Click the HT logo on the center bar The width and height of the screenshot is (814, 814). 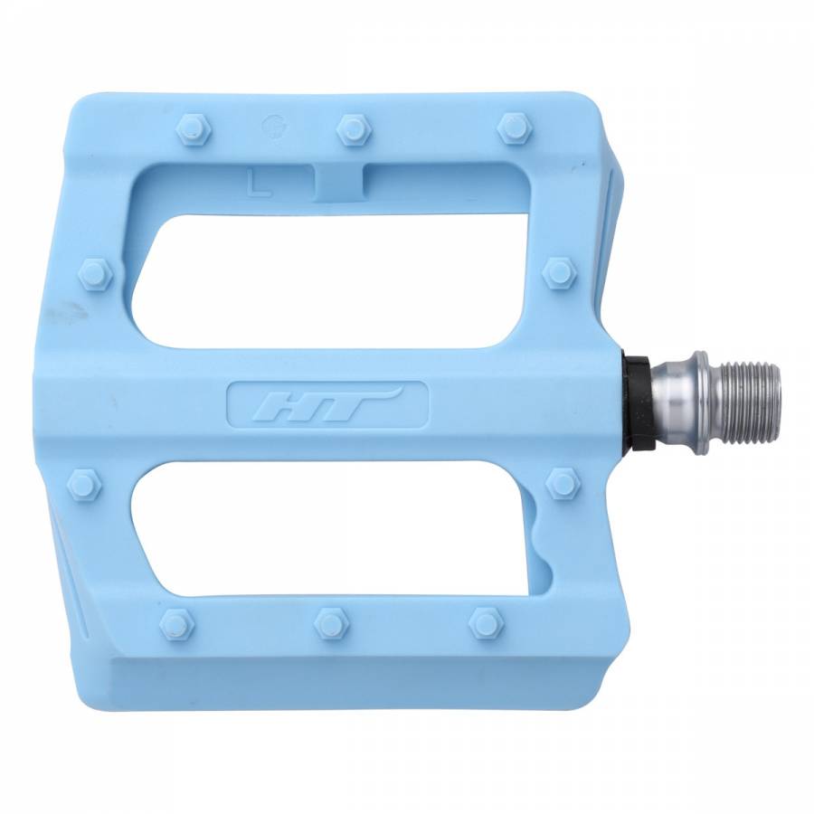click(x=328, y=402)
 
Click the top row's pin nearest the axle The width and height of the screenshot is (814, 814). click(x=514, y=128)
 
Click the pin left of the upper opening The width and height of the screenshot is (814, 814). click(x=96, y=273)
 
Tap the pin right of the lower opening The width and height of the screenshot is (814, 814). click(x=563, y=482)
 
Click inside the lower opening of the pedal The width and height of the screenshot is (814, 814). click(x=344, y=534)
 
